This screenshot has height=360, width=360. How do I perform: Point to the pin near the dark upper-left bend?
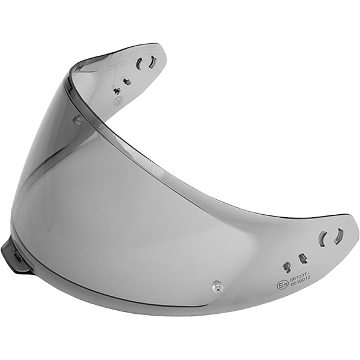[77, 119]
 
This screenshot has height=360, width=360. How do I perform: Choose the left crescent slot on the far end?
[140, 64]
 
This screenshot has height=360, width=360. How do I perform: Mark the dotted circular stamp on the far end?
[118, 100]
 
